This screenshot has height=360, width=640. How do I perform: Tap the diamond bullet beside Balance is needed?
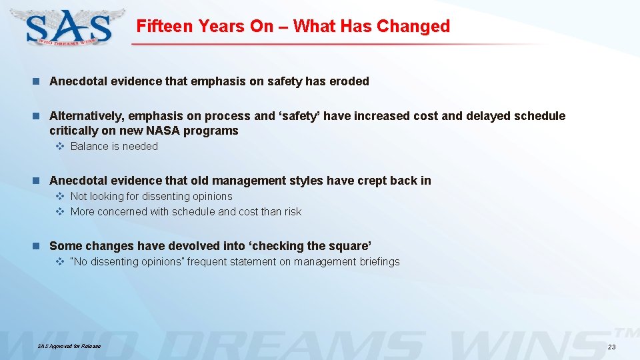pos(59,147)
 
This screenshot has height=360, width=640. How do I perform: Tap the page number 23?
pos(612,347)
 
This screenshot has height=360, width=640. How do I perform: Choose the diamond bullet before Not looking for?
pos(59,197)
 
